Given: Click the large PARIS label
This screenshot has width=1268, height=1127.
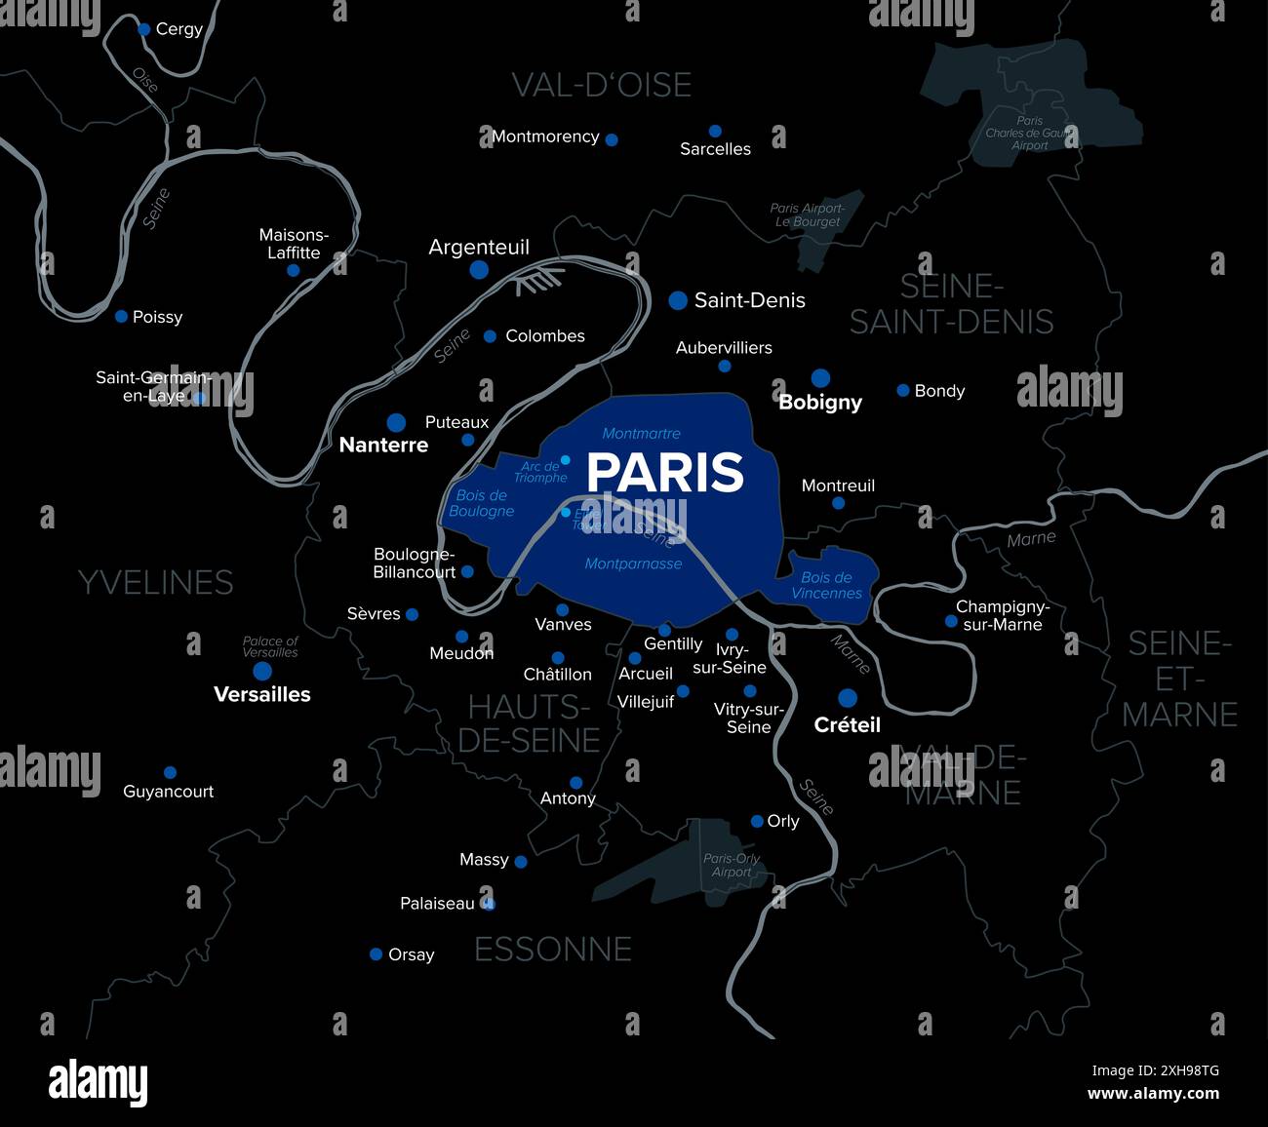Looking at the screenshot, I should pyautogui.click(x=665, y=473).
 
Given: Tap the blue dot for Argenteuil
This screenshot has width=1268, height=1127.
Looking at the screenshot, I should pyautogui.click(x=479, y=269).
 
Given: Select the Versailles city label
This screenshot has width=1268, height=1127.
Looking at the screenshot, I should pyautogui.click(x=262, y=694).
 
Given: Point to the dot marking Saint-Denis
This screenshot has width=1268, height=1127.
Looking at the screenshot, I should pyautogui.click(x=678, y=300).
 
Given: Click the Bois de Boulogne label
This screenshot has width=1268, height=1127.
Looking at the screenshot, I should pyautogui.click(x=482, y=503).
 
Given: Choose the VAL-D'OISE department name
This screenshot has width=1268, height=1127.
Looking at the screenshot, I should pyautogui.click(x=602, y=86).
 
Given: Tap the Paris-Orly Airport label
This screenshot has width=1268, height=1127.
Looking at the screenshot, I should pyautogui.click(x=732, y=866).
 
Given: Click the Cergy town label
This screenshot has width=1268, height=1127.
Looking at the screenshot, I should pyautogui.click(x=179, y=29).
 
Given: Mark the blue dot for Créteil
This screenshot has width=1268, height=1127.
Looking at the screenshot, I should pyautogui.click(x=848, y=698).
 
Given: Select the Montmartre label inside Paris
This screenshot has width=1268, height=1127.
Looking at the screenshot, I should pyautogui.click(x=642, y=433).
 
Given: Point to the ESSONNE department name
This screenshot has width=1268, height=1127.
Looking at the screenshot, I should pyautogui.click(x=553, y=950).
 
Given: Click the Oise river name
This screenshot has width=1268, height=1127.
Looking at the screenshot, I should pyautogui.click(x=145, y=80).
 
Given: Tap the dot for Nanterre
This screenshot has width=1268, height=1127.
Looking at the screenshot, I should pyautogui.click(x=396, y=422).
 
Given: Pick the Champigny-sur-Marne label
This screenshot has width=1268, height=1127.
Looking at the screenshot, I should pyautogui.click(x=1003, y=615).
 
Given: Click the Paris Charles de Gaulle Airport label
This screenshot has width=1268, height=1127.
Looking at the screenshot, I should pyautogui.click(x=1029, y=134).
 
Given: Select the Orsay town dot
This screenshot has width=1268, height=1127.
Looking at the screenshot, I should pyautogui.click(x=376, y=954).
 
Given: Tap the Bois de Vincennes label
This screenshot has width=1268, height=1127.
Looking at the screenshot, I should pyautogui.click(x=827, y=585).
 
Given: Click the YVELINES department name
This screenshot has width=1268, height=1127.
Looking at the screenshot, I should pyautogui.click(x=156, y=583).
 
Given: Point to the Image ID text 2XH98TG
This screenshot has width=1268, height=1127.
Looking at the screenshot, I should pyautogui.click(x=1155, y=1070).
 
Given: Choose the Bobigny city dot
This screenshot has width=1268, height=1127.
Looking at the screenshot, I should pyautogui.click(x=820, y=378).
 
